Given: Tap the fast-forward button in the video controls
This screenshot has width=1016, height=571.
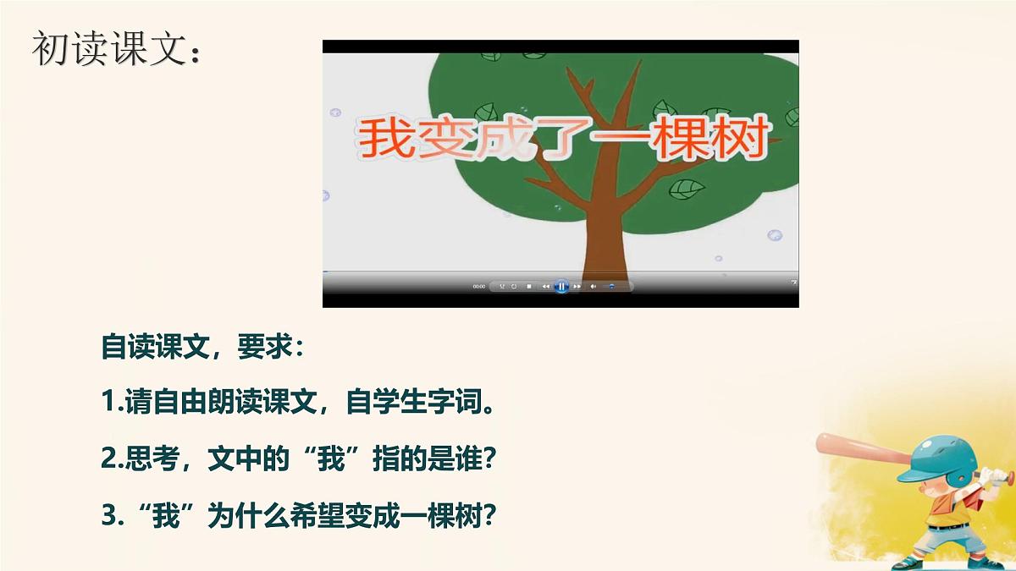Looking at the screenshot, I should tap(577, 287).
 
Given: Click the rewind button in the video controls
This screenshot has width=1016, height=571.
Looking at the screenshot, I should tap(545, 287).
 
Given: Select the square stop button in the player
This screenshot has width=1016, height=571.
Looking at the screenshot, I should tap(529, 287).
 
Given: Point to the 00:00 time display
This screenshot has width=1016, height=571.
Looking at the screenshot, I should tap(479, 287).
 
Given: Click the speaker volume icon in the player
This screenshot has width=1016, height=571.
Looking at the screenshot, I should tap(593, 287).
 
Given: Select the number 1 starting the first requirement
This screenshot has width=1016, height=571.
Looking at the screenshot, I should tap(107, 403).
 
